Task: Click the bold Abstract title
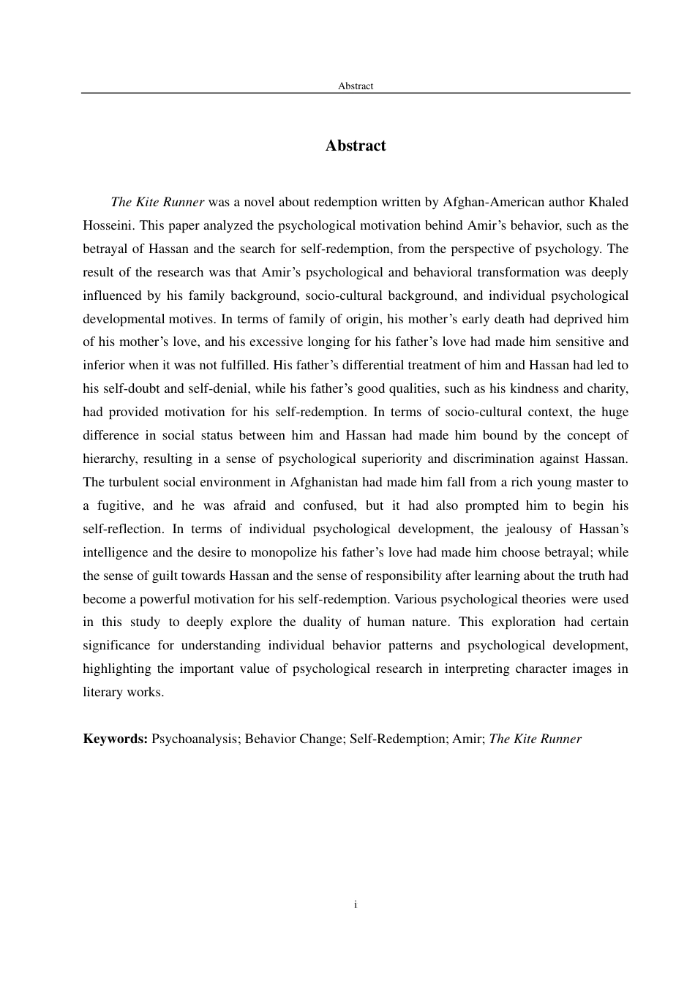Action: [356, 146]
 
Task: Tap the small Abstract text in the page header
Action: [356, 86]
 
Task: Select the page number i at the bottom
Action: [356, 905]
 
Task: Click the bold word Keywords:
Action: [116, 739]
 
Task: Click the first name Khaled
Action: [606, 202]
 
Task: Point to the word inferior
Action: [103, 365]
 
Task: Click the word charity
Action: [606, 388]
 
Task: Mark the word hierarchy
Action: [109, 459]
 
